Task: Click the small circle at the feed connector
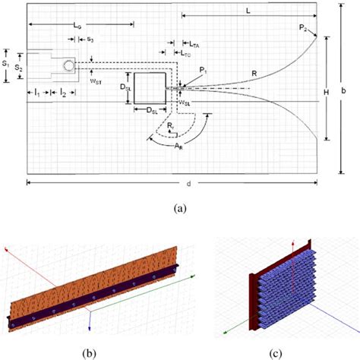tap(70, 65)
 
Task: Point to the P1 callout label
tap(202, 71)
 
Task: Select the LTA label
tap(195, 46)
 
